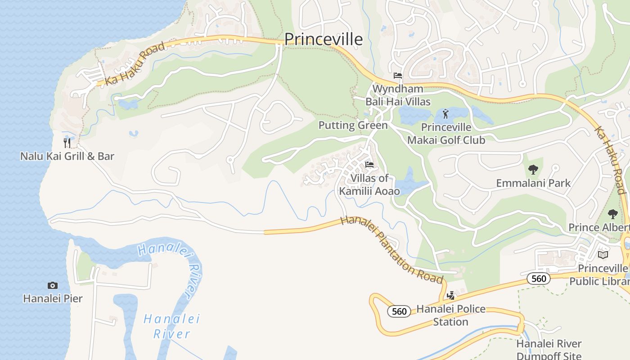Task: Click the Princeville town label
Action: point(323,39)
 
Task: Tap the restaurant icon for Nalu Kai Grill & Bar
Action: point(67,143)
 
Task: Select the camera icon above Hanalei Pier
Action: point(53,285)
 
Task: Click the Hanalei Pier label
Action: point(53,298)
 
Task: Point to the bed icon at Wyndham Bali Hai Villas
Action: point(397,75)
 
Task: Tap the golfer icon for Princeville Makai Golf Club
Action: point(445,113)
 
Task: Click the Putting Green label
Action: point(353,125)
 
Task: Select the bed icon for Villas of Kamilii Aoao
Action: point(369,164)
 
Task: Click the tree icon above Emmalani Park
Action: point(533,170)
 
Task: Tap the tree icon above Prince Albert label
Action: point(612,214)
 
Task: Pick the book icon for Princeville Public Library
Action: point(603,255)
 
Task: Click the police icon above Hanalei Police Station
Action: point(450,296)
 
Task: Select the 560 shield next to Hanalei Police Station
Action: point(399,311)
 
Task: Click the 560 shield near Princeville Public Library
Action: point(538,279)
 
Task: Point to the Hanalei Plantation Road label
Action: point(391,250)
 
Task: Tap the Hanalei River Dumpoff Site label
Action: point(549,350)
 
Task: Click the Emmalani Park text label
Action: point(533,183)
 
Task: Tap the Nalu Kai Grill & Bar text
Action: point(67,157)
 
